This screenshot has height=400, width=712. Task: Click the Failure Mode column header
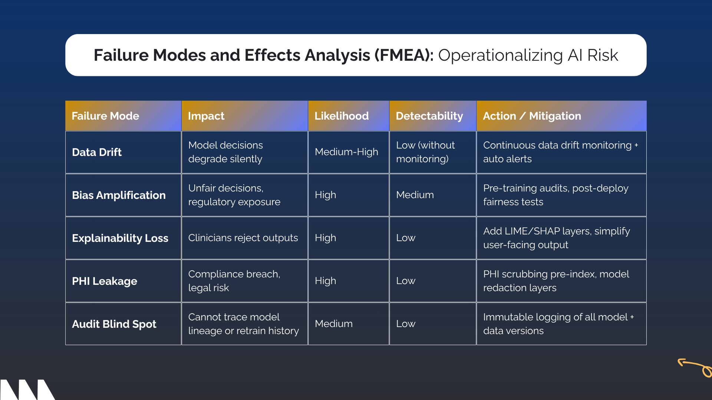point(105,116)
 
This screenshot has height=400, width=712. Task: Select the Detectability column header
point(429,116)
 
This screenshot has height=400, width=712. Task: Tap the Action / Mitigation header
point(532,116)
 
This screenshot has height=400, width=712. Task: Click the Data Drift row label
point(97,152)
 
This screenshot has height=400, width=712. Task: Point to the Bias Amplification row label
point(119,195)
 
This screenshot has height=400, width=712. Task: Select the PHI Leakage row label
point(105,281)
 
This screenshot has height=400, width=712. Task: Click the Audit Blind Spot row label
point(114,324)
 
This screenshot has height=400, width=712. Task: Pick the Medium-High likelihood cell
point(346,152)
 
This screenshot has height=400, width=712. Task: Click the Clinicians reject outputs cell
point(243,238)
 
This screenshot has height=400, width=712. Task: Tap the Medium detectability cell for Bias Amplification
point(415,195)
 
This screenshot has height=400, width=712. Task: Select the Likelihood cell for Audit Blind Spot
point(334,324)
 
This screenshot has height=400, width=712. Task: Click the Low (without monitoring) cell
point(425,152)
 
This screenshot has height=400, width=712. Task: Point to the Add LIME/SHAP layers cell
point(556,238)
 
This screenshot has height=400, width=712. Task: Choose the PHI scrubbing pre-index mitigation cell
point(556,281)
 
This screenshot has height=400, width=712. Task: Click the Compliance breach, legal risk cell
point(234,281)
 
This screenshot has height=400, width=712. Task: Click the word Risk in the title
point(603,55)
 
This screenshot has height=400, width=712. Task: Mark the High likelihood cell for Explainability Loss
point(325,238)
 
